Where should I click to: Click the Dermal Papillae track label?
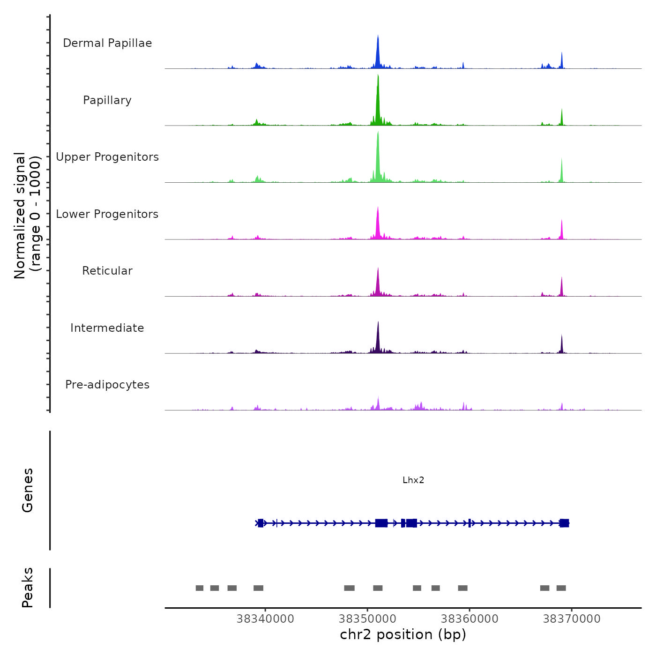(x=107, y=43)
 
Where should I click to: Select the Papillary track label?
(x=107, y=100)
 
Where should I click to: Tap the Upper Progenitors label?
(x=107, y=157)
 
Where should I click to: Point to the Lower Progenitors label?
(x=107, y=214)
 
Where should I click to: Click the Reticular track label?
(x=107, y=271)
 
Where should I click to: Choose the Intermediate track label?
(x=107, y=328)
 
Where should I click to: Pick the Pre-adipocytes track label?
(x=107, y=385)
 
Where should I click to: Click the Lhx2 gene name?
(x=413, y=480)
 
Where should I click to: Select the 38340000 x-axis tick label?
(x=265, y=619)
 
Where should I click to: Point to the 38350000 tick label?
(x=367, y=619)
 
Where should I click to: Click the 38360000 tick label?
(x=470, y=619)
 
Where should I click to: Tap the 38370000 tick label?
(x=572, y=619)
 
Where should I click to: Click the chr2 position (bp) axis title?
(x=403, y=634)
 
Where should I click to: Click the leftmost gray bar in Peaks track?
(x=200, y=588)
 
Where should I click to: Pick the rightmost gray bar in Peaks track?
(x=561, y=588)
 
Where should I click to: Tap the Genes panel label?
(x=28, y=490)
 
